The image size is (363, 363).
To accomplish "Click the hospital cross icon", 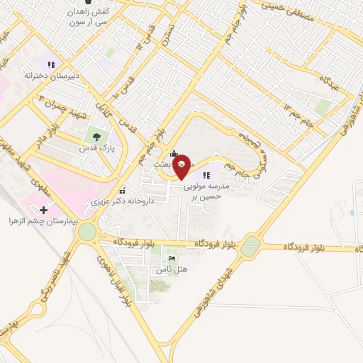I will tap(44, 209).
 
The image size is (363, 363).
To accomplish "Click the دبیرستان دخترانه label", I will tap(50, 74).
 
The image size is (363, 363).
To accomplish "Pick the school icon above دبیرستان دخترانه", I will tap(50, 62).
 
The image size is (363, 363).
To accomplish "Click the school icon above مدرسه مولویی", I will tap(206, 174).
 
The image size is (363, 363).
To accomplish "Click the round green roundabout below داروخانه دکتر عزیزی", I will tap(88, 232).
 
